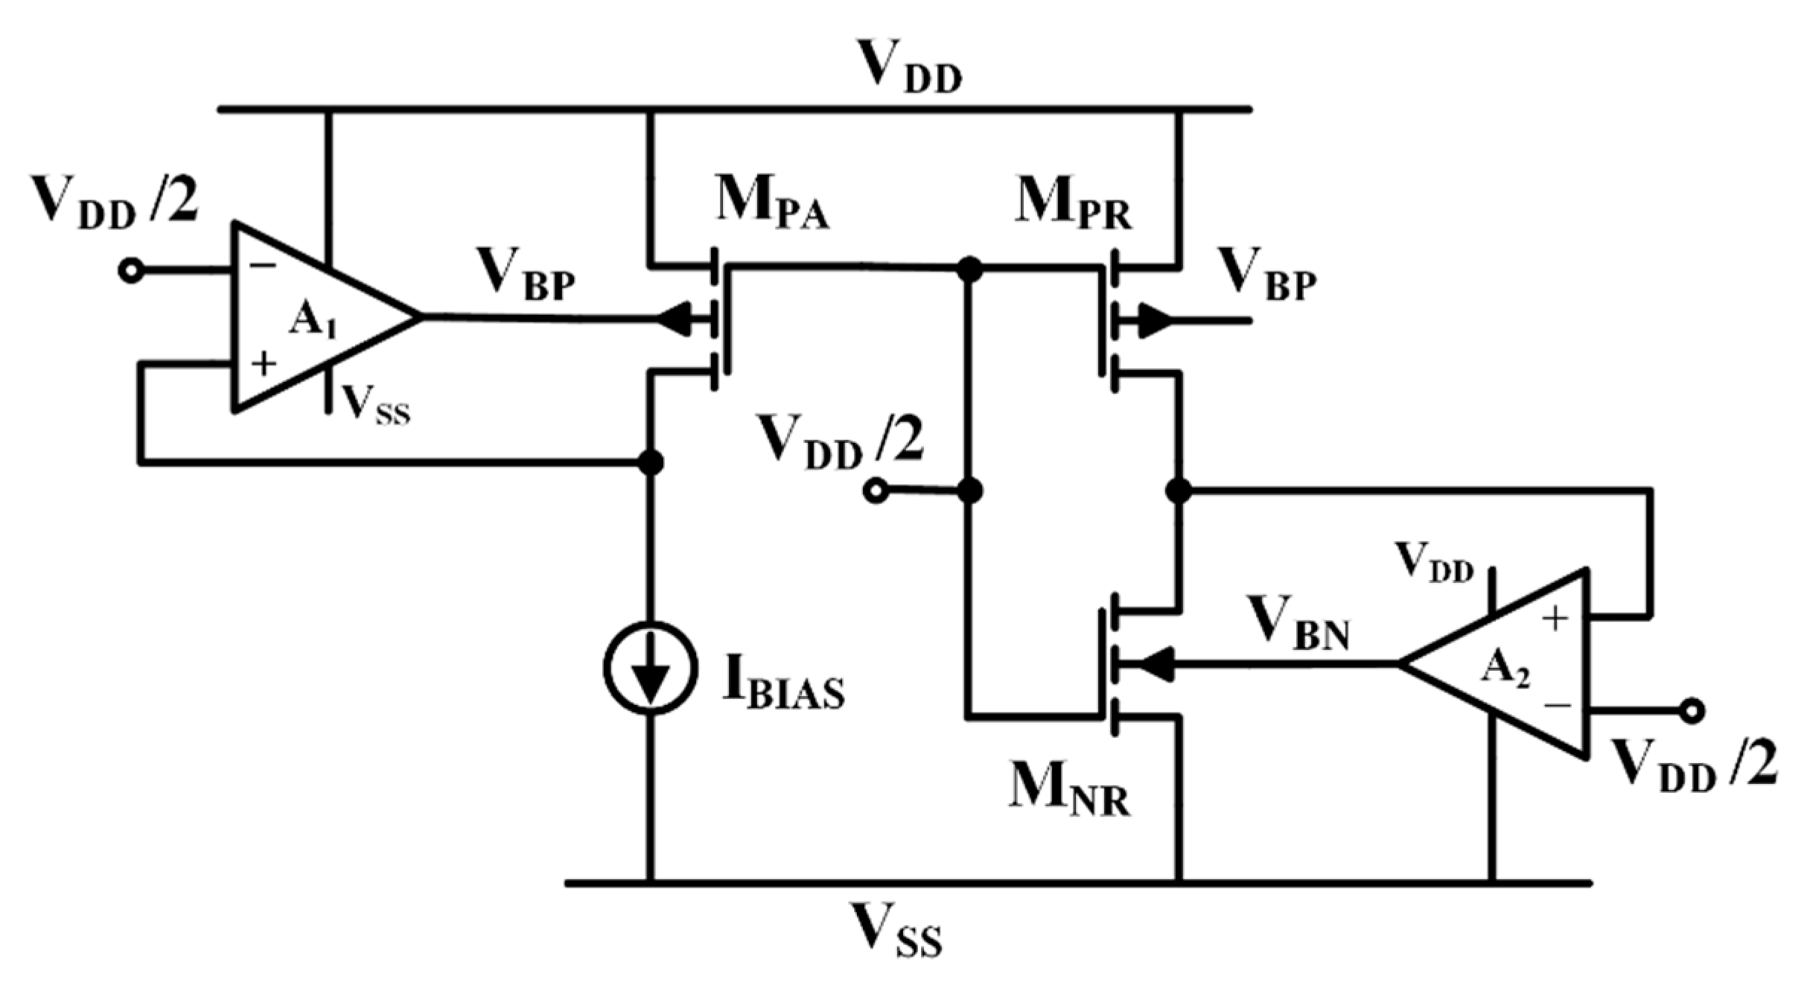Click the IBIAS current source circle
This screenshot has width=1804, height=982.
click(651, 668)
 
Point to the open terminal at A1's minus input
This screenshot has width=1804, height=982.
click(132, 272)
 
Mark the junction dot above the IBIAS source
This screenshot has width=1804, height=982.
click(651, 462)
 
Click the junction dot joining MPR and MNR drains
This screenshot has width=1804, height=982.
click(1178, 491)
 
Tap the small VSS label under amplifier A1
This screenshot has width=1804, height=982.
click(375, 406)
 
